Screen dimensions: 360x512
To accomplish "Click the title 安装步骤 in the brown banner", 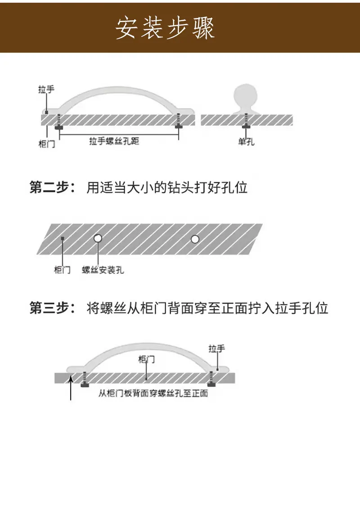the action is pyautogui.click(x=165, y=28).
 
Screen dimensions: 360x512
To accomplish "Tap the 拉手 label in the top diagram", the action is pyautogui.click(x=46, y=89).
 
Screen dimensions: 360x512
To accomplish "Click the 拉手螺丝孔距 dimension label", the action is pyautogui.click(x=114, y=141).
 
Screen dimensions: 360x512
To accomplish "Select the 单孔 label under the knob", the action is pyautogui.click(x=247, y=141).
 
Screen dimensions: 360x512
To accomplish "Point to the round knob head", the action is pyautogui.click(x=245, y=95).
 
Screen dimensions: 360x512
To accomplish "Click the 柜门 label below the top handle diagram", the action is pyautogui.click(x=47, y=144).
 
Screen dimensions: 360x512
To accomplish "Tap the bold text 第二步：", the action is pyautogui.click(x=52, y=187).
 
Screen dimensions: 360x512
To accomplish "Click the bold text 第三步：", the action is pyautogui.click(x=52, y=308).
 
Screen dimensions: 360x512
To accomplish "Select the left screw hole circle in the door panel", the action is pyautogui.click(x=98, y=238).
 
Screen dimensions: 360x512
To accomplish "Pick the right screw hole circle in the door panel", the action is pyautogui.click(x=195, y=240).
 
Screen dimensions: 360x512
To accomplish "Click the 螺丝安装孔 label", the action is pyautogui.click(x=103, y=270).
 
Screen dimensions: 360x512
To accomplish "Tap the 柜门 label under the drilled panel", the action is pyautogui.click(x=62, y=270).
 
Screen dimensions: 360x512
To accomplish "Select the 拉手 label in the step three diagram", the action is pyautogui.click(x=217, y=349).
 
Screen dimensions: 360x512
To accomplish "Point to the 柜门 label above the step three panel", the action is pyautogui.click(x=147, y=359).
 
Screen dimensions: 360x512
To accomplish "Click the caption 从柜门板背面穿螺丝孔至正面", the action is pyautogui.click(x=153, y=393).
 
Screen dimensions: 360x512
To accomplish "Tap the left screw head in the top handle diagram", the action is pyautogui.click(x=59, y=127).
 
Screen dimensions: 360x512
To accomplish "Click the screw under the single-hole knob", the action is pyautogui.click(x=246, y=121).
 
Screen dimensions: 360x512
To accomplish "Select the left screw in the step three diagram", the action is pyautogui.click(x=85, y=380).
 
